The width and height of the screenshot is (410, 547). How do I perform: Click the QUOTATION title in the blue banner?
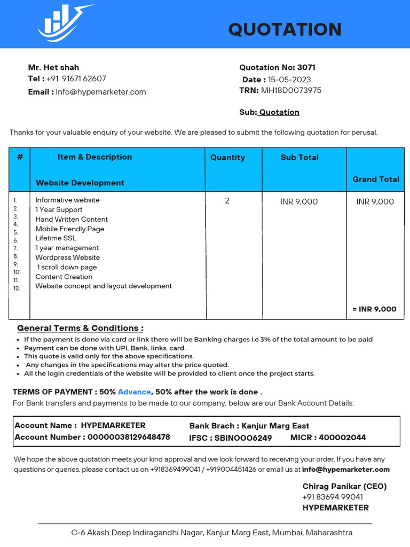(285, 29)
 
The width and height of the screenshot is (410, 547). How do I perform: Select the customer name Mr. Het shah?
(53, 67)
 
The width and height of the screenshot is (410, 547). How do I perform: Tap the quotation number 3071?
(306, 67)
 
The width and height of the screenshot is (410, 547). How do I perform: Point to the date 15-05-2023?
(289, 80)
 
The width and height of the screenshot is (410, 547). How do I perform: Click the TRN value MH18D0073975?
(291, 90)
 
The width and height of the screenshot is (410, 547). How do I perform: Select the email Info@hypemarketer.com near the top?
(101, 92)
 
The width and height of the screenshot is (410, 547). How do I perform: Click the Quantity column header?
(227, 158)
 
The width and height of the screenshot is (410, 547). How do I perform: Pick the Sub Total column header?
(299, 158)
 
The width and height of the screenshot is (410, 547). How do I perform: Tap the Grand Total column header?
(376, 179)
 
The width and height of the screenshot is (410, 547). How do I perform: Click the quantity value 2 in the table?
(227, 201)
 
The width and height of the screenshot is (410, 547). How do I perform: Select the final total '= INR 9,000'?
(374, 309)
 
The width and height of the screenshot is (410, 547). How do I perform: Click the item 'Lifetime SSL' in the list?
(56, 238)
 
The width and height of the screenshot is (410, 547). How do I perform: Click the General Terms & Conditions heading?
(80, 328)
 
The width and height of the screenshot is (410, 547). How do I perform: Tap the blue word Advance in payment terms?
(135, 392)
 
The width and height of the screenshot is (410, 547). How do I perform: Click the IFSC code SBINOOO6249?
(243, 438)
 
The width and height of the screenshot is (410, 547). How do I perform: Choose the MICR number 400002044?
(343, 437)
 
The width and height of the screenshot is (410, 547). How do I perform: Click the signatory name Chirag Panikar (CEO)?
(344, 486)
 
